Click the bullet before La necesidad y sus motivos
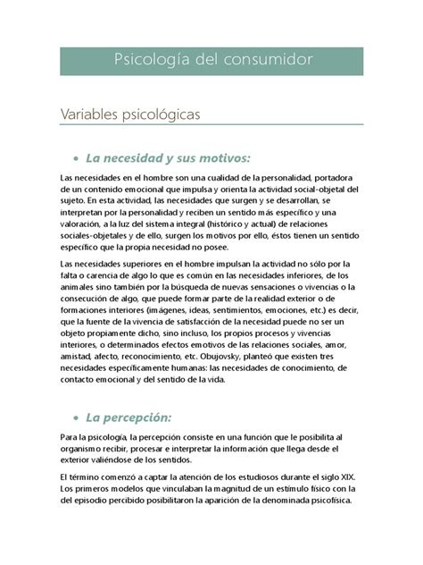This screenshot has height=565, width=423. click(76, 158)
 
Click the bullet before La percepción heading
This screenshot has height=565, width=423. click(76, 417)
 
